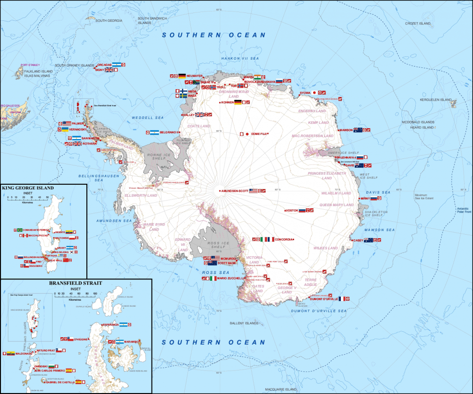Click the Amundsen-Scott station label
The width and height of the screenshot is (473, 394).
click(x=234, y=191)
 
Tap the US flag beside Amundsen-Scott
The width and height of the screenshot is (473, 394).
click(x=253, y=191)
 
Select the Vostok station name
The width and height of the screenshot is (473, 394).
click(x=291, y=211)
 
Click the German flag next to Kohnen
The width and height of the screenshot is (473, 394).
click(x=238, y=103)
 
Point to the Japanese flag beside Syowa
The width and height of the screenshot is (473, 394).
click(x=315, y=93)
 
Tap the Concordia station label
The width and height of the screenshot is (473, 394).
click(x=283, y=239)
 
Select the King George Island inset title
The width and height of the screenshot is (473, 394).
click(x=28, y=188)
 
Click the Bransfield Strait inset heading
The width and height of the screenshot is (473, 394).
click(x=76, y=283)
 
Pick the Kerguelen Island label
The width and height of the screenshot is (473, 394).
click(x=435, y=100)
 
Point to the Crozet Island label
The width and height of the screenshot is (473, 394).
click(x=418, y=23)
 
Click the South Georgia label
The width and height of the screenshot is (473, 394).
click(x=109, y=21)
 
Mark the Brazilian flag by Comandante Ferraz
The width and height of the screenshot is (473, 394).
click(x=19, y=230)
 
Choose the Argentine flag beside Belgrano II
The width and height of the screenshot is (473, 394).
click(x=154, y=133)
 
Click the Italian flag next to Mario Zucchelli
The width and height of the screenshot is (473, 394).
click(x=212, y=279)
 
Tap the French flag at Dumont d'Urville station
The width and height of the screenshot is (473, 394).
click(x=342, y=299)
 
